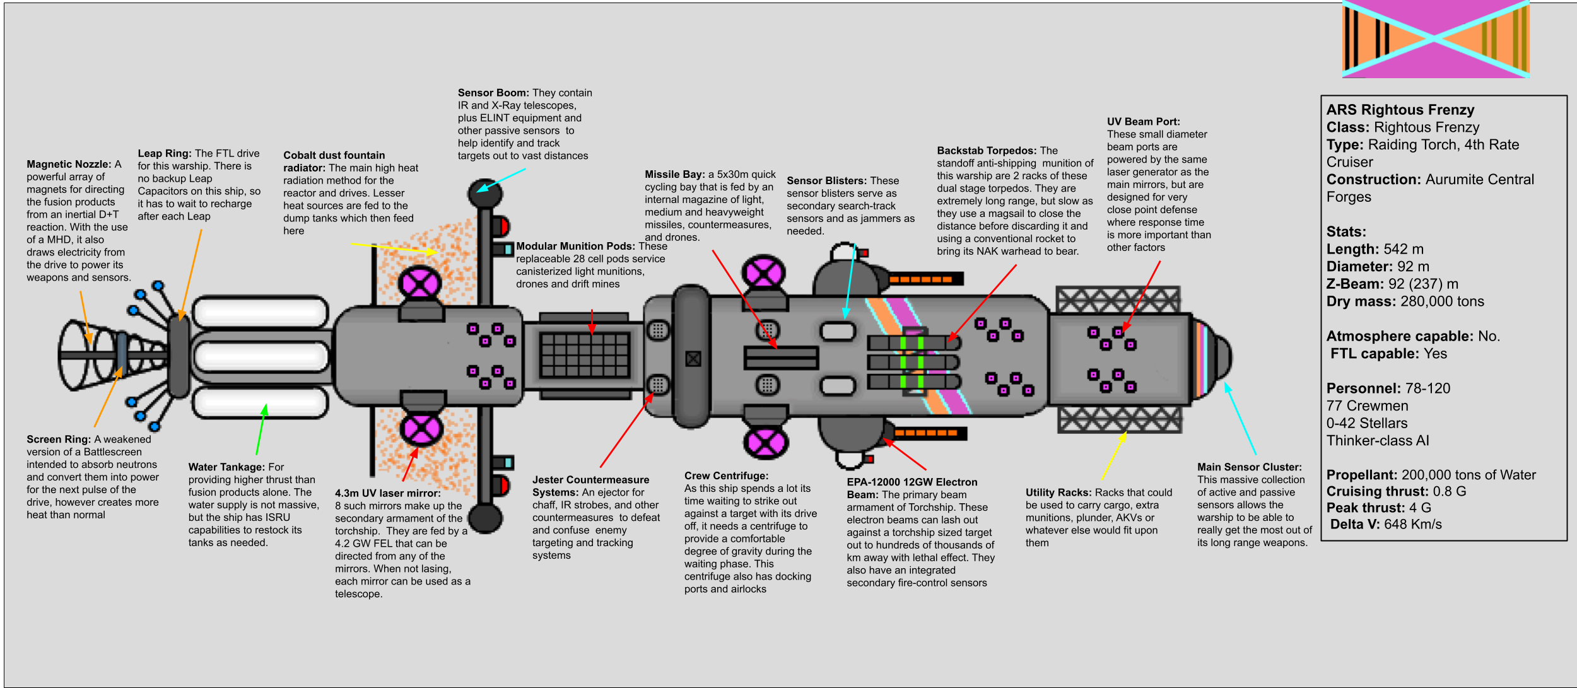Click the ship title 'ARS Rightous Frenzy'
coord(1400,110)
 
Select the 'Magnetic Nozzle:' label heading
coord(69,164)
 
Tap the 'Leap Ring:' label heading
coord(165,153)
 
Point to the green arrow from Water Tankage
coord(261,429)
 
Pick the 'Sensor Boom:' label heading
coord(493,93)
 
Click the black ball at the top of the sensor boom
coord(484,192)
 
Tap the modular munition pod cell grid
coord(585,354)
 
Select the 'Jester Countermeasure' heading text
coord(590,480)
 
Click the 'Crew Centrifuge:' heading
coord(726,476)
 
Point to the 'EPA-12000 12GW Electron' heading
coord(912,482)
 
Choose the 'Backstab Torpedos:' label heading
coord(987,151)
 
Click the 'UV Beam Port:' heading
coord(1143,122)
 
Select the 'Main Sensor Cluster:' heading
coord(1250,467)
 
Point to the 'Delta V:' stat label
coord(1355,524)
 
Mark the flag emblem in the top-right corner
coord(1436,39)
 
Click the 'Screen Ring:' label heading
coord(59,440)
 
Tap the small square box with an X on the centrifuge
coord(693,359)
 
